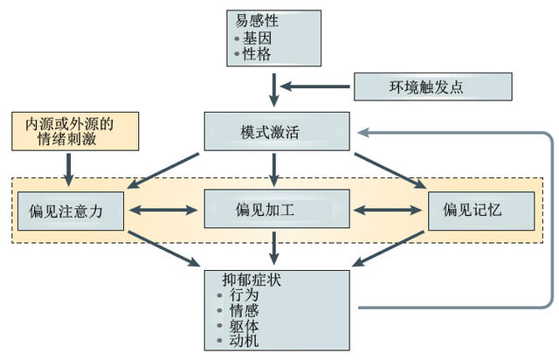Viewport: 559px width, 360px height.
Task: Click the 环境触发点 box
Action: coord(431,87)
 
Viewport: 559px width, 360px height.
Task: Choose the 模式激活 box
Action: coord(276,131)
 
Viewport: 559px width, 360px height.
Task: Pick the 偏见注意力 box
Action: coord(70,210)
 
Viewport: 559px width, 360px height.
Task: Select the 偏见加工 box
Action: coord(276,210)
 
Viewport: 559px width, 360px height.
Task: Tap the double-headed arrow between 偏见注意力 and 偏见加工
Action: coord(164,210)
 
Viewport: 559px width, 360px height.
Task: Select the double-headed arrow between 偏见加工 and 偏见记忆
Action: coord(389,210)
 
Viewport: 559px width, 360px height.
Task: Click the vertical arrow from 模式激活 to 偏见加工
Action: coord(276,168)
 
